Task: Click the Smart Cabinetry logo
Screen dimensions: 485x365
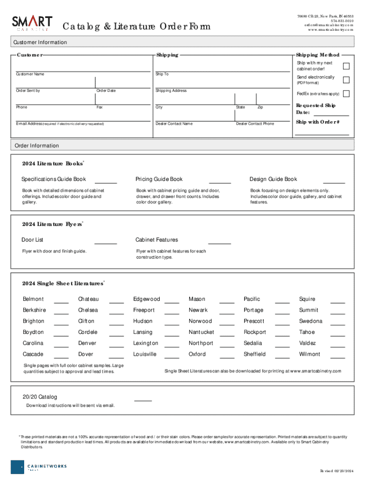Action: [32, 23]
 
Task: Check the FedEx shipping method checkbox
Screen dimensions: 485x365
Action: [346, 94]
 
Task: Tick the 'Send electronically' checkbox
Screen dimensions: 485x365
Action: [346, 80]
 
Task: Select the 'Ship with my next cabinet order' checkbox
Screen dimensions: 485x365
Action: [346, 66]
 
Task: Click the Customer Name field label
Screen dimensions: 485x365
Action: [30, 74]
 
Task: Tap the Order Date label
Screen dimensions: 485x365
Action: [106, 90]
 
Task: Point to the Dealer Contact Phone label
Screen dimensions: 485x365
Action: [255, 124]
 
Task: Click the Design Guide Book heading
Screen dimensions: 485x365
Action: [274, 179]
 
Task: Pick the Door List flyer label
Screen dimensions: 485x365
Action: [32, 240]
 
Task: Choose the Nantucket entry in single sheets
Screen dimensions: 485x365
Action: [201, 332]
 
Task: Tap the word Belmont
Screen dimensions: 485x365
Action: [33, 299]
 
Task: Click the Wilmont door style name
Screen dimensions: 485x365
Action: [310, 354]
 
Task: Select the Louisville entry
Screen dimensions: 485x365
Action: [145, 354]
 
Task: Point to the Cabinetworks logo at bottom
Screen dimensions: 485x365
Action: [39, 467]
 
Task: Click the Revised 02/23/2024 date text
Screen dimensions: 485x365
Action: [337, 470]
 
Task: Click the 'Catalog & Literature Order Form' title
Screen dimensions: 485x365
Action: [137, 26]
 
